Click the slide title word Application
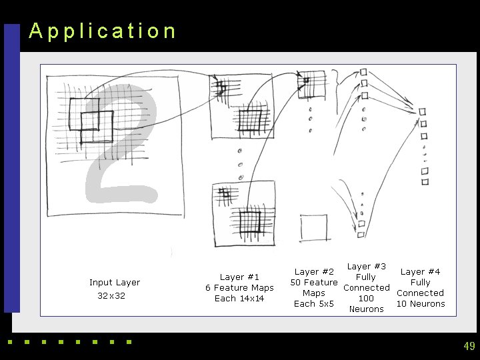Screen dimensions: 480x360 [103, 31]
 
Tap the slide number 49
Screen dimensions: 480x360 [469, 346]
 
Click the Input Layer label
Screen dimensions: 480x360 [115, 283]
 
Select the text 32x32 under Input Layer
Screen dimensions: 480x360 [111, 296]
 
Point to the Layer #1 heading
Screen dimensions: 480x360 [239, 277]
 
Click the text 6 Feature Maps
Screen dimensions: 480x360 [239, 288]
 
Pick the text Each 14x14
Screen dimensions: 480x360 [239, 299]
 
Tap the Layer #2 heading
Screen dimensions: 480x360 [314, 272]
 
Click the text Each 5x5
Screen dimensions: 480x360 [314, 304]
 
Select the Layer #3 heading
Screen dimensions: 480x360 [367, 267]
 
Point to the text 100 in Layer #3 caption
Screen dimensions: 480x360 [367, 299]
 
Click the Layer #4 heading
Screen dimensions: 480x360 [420, 272]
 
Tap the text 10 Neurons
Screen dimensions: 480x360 [420, 304]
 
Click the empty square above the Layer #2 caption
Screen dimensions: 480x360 [313, 228]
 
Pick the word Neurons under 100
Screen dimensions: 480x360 [367, 309]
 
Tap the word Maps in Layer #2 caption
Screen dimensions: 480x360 [314, 293]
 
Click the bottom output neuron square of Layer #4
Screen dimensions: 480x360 [425, 181]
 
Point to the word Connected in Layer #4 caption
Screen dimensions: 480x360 [420, 293]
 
